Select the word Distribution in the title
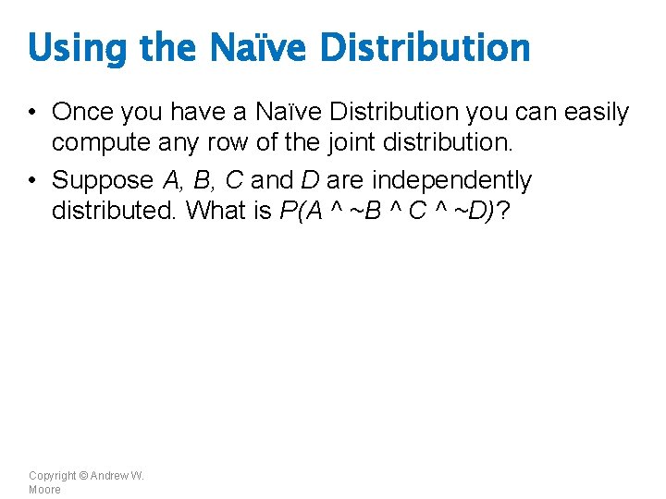(429, 47)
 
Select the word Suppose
(103, 180)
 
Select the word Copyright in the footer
(53, 475)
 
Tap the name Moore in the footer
(44, 490)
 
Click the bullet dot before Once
(32, 114)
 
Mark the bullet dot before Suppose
(32, 181)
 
